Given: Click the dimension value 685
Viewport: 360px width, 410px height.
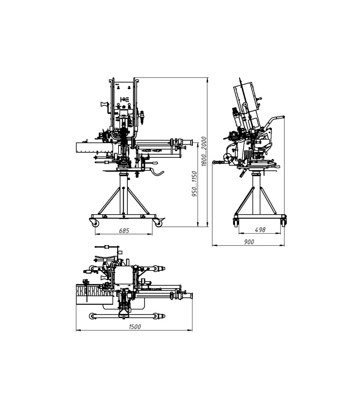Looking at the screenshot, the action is [124, 231].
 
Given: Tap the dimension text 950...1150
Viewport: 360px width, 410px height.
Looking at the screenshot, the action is [194, 184].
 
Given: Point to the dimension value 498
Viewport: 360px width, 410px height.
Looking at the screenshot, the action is [260, 229].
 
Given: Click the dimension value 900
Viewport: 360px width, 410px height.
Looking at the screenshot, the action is [249, 242].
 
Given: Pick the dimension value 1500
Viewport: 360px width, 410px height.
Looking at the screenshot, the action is [135, 326].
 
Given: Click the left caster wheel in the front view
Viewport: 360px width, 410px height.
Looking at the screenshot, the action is [95, 223].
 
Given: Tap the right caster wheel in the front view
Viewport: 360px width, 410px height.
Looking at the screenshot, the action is [158, 223].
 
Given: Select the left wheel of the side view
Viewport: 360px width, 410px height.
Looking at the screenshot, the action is [235, 222].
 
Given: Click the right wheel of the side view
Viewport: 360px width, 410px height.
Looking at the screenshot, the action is [283, 222].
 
